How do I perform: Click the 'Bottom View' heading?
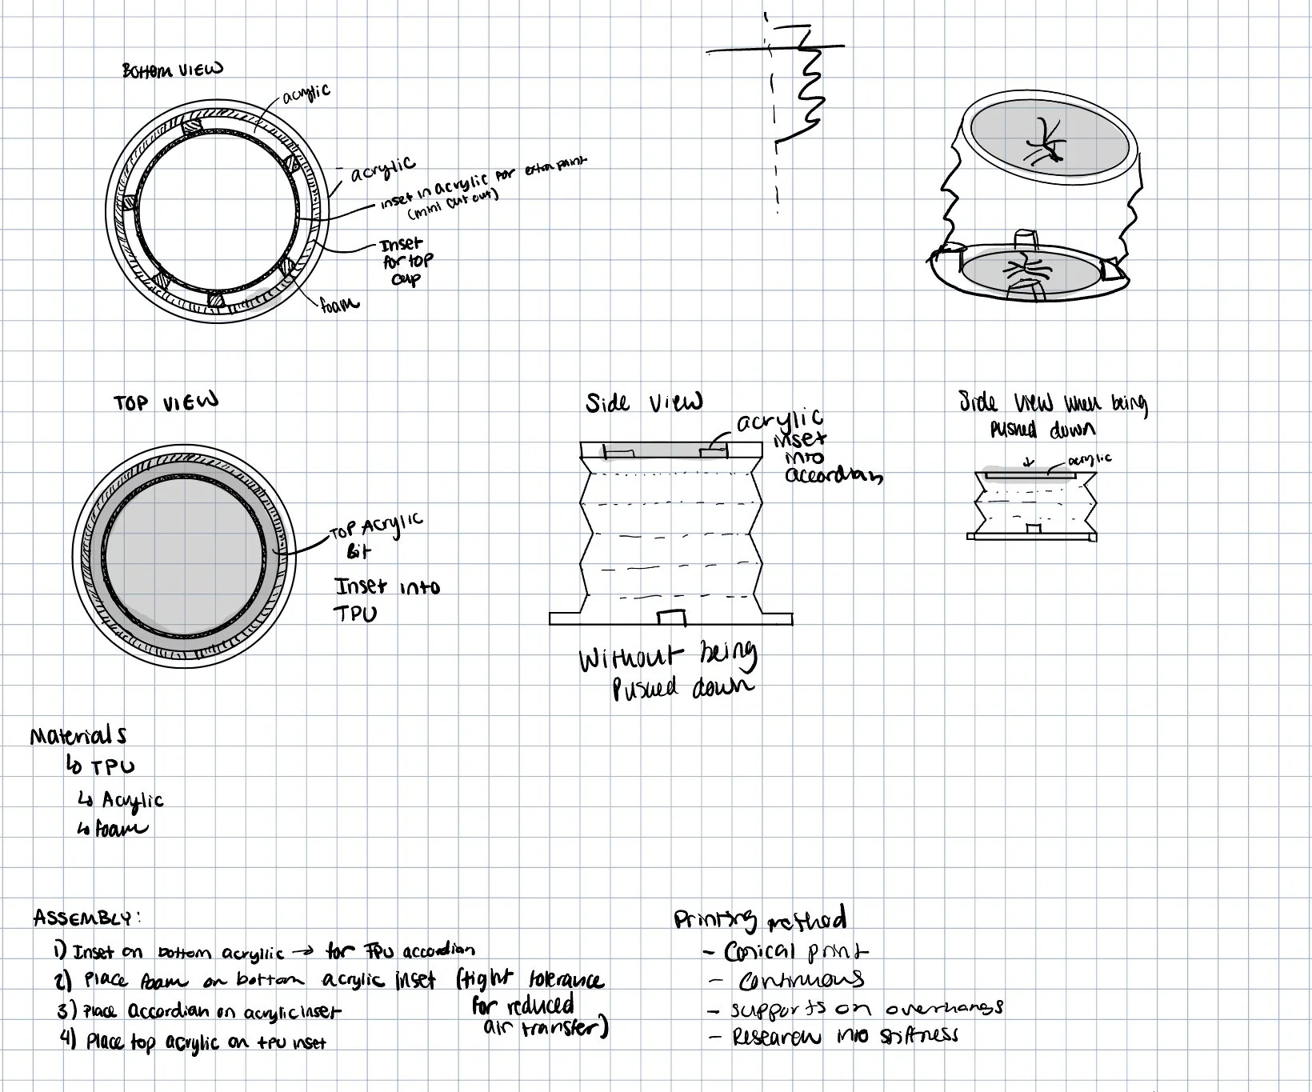pos(172,70)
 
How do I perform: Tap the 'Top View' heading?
pos(165,402)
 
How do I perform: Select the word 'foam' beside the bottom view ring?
pos(339,303)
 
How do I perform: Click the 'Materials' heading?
pos(78,735)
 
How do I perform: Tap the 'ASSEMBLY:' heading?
pos(87,918)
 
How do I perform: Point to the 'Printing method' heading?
pos(760,920)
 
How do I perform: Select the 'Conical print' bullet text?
pos(796,952)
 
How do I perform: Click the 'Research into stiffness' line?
pos(845,1037)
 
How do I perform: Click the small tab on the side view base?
pos(670,618)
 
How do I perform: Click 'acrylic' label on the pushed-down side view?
pos(1089,459)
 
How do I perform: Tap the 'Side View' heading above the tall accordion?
pos(644,402)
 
